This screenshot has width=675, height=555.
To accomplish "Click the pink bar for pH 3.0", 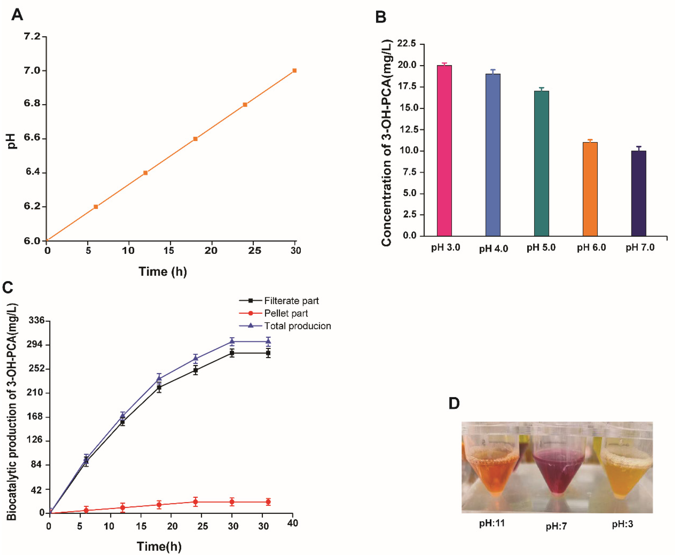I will tap(444, 150).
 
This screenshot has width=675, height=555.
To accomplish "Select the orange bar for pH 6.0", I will tap(590, 189).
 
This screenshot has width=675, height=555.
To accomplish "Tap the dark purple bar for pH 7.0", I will tap(639, 193).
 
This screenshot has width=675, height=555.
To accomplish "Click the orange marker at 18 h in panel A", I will tap(195, 139).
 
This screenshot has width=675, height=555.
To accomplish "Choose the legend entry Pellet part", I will tap(286, 313).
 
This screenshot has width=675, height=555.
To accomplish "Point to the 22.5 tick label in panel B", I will tap(406, 43).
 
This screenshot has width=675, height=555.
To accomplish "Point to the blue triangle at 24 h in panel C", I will tap(196, 358).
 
